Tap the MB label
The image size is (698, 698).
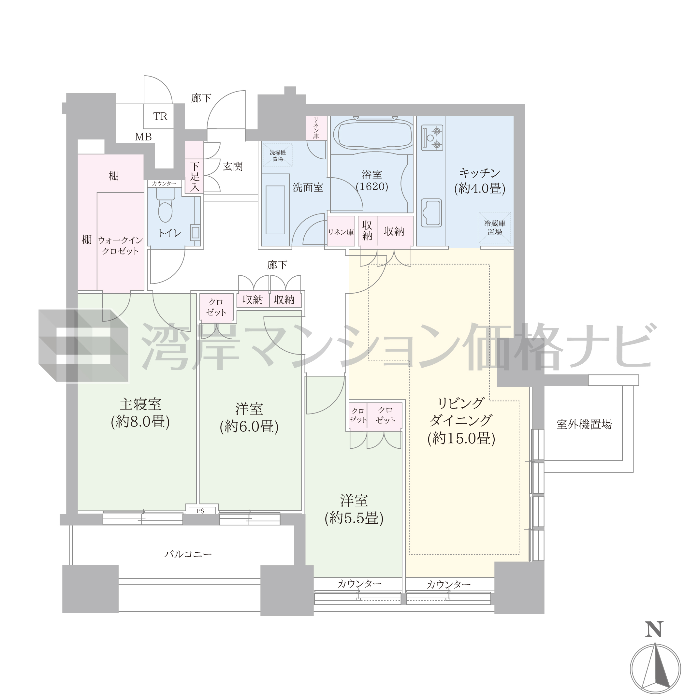pos(143,137)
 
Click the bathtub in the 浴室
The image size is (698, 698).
pos(372,134)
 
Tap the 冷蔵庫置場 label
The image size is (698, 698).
pos(495,227)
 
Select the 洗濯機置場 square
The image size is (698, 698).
pos(277,155)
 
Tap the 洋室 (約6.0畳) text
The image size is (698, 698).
pos(249,418)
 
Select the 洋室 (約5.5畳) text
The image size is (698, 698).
pos(354,509)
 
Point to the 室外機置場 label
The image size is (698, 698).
pos(584,424)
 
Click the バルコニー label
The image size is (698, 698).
pos(188,554)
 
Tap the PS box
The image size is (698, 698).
pos(200,511)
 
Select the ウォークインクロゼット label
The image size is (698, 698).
pos(120,245)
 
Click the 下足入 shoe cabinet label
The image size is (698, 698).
pos(195,177)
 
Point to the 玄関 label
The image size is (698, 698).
pos(233,166)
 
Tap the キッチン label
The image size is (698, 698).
pos(480,181)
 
